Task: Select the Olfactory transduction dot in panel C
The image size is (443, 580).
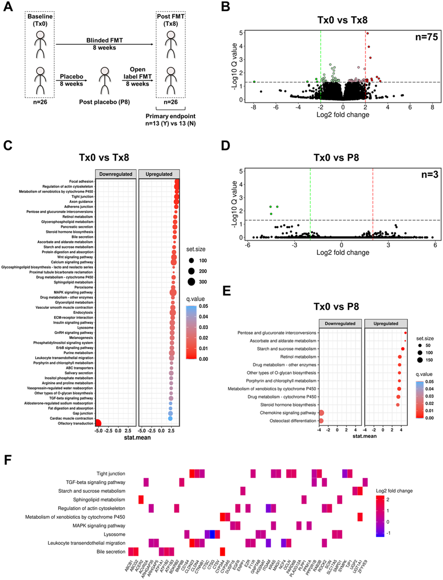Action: click(98, 423)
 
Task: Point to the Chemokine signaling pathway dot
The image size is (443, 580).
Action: click(321, 413)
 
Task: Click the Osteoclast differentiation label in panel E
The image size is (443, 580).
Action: click(289, 421)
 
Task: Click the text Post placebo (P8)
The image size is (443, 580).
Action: click(104, 102)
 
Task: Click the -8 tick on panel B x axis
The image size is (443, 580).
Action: click(254, 107)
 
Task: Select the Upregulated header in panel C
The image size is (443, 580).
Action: click(159, 173)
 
